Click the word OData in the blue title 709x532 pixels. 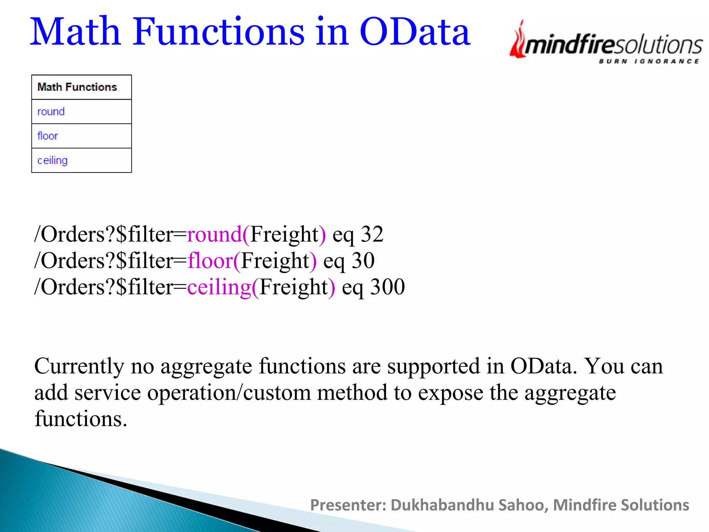tap(415, 32)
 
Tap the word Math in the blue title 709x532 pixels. tap(75, 32)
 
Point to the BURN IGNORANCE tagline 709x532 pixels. tap(649, 62)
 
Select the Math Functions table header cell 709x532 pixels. tap(78, 87)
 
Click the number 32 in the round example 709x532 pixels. tap(372, 234)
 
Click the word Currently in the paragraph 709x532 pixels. tap(79, 366)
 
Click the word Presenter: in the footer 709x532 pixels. tap(348, 505)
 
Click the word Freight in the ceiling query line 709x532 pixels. tap(294, 287)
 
